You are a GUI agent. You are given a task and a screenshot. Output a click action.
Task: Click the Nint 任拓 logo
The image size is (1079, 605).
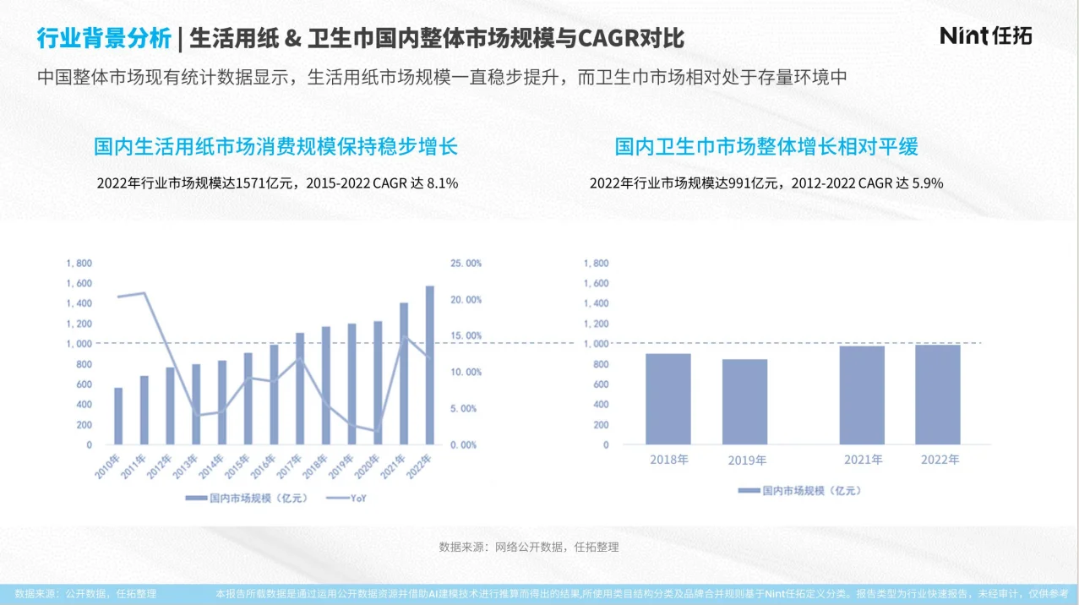point(986,35)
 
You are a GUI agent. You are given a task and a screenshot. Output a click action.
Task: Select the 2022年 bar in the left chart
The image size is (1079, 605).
point(429,365)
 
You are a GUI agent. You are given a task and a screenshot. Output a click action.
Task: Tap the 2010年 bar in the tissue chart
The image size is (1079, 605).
point(118,416)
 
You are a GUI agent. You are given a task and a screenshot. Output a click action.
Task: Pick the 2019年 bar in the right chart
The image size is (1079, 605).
point(744,401)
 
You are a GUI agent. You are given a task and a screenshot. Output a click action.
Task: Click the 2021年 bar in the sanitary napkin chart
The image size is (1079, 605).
point(862,395)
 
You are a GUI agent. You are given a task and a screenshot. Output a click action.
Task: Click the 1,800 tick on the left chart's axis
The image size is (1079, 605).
point(79,264)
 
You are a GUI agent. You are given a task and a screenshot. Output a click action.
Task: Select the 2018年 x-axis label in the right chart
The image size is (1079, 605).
point(669,460)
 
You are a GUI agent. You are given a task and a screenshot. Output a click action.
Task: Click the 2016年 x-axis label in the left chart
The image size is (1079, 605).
point(265,466)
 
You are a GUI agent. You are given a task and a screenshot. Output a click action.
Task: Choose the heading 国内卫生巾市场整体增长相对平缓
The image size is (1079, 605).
point(766,147)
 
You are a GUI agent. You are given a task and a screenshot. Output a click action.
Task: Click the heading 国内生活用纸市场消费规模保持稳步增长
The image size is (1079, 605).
point(275,147)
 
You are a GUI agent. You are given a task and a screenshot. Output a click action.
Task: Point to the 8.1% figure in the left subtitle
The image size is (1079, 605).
point(444,183)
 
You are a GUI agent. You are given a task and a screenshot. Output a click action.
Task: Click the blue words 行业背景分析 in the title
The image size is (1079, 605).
point(103,38)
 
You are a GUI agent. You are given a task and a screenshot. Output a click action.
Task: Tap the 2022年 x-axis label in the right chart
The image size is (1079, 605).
point(940,460)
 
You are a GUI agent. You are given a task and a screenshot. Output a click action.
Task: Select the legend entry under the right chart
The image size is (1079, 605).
point(798,490)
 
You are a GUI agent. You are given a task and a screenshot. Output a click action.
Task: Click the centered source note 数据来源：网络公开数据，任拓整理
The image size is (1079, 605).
point(529,547)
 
